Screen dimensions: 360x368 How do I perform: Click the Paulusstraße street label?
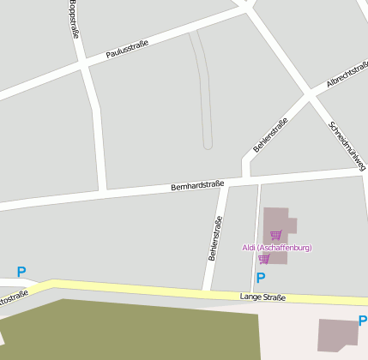click(x=127, y=48)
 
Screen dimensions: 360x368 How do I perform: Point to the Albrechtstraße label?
click(x=347, y=75)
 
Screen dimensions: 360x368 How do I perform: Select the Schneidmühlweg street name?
click(x=347, y=145)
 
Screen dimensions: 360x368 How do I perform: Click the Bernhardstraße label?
click(x=197, y=185)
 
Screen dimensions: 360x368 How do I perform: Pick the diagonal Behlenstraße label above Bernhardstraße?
click(x=270, y=135)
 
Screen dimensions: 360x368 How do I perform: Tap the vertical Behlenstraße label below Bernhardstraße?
click(x=215, y=238)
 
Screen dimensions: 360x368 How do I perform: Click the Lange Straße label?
click(x=262, y=297)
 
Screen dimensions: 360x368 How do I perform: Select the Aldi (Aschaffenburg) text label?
click(x=276, y=248)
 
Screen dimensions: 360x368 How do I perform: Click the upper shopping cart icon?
click(x=275, y=235)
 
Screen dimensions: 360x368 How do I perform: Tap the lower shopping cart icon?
click(x=264, y=259)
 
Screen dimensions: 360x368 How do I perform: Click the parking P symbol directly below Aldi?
click(x=261, y=277)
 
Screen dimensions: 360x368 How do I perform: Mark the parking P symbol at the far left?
click(x=21, y=272)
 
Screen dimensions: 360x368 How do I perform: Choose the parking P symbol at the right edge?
click(x=362, y=321)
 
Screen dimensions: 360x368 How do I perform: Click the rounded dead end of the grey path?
click(x=208, y=145)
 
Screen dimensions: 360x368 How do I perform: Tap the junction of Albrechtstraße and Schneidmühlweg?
click(x=311, y=94)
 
